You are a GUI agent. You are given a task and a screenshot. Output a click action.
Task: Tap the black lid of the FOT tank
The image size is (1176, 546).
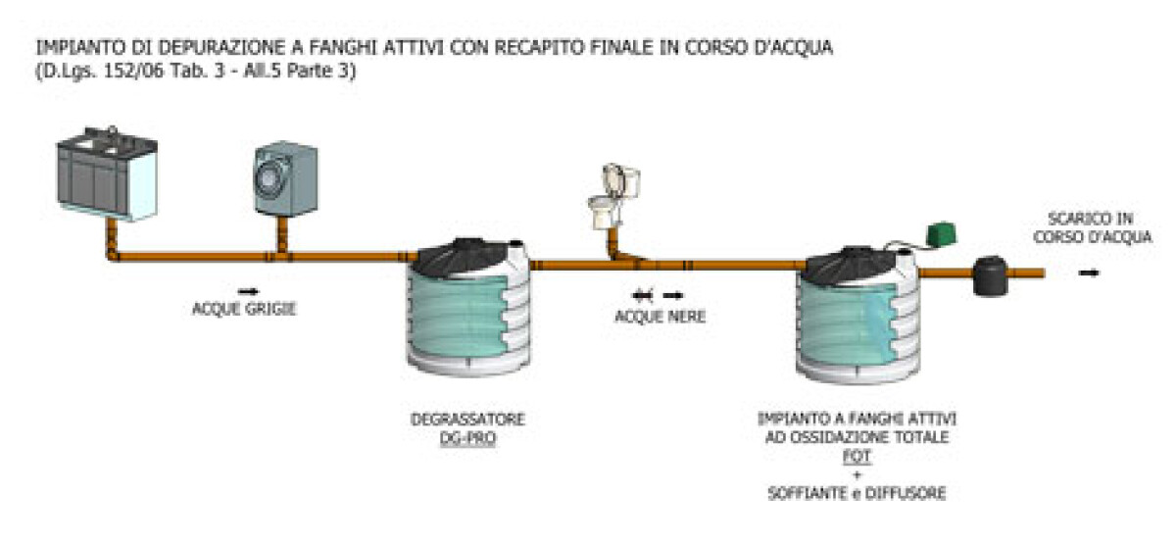(x=851, y=260)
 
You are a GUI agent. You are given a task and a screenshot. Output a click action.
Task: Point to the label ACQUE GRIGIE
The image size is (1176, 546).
(x=244, y=311)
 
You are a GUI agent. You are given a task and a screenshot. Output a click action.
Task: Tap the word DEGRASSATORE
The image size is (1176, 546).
(x=467, y=420)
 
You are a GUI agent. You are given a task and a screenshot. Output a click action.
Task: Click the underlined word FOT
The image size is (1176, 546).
(x=857, y=456)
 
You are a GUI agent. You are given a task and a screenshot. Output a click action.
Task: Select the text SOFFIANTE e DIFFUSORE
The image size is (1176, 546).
(x=857, y=493)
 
